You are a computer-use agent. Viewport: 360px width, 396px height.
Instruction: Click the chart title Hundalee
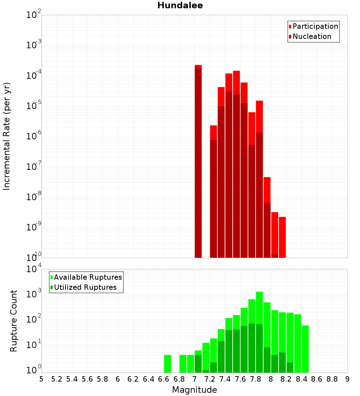(x=180, y=5)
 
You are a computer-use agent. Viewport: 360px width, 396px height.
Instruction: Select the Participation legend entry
(x=315, y=27)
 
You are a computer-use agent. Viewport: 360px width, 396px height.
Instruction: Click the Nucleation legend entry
(x=311, y=37)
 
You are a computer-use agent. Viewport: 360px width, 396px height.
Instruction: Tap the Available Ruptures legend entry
(x=87, y=278)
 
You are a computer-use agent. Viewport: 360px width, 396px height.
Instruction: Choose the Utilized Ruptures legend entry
(x=85, y=288)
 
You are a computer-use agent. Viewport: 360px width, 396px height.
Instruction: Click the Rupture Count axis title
(x=14, y=321)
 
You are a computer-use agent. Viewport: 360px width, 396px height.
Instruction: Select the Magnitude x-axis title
(x=194, y=390)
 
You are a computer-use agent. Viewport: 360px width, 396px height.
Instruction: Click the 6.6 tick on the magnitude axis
(x=164, y=379)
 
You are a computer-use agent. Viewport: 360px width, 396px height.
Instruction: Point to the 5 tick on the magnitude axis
(x=41, y=379)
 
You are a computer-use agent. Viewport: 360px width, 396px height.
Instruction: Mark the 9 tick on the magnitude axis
(x=347, y=379)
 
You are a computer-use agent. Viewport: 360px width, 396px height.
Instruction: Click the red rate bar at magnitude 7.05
(x=198, y=162)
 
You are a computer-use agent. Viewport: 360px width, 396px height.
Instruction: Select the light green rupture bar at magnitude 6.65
(x=167, y=364)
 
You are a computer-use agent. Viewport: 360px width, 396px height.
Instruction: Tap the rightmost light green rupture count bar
(x=305, y=349)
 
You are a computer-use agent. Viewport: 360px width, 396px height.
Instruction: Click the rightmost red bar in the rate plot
(x=282, y=238)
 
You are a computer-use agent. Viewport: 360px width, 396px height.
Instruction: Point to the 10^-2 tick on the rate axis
(x=34, y=15)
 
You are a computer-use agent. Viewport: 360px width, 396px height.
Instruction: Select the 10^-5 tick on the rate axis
(x=34, y=106)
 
